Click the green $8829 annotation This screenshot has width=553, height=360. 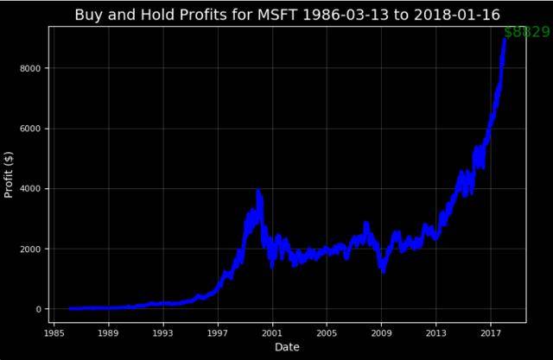click(x=526, y=32)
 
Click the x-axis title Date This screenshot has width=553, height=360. click(x=287, y=347)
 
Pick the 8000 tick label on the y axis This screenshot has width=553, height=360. click(x=32, y=68)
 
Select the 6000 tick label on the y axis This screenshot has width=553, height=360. click(x=32, y=129)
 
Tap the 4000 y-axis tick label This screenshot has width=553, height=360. click(x=32, y=188)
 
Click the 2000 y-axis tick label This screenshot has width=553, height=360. click(x=32, y=249)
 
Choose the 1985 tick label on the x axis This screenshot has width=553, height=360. click(x=54, y=332)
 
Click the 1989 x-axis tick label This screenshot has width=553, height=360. click(x=108, y=332)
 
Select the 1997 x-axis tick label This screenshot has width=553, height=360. click(x=218, y=332)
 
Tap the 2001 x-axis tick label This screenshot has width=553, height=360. click(x=272, y=332)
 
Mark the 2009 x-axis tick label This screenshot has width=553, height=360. click(x=382, y=332)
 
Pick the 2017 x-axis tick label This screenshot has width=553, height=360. click(x=491, y=332)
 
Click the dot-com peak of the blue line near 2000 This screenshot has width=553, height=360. click(x=258, y=192)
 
